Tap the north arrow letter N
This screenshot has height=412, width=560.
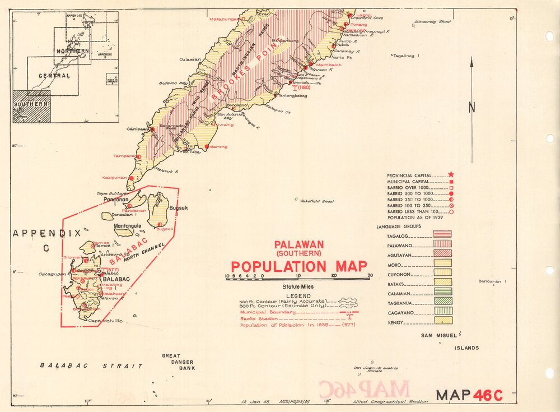pos(472,106)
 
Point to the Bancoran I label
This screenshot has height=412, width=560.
pos(492,281)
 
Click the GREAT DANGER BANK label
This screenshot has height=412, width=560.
pos(179,362)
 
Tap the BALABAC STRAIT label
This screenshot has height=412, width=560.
pos(91,365)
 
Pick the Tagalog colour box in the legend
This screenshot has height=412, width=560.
pos(442,234)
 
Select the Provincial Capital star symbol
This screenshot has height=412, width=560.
pos(451,175)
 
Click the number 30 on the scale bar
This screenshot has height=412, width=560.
pos(370,276)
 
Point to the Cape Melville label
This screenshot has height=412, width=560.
pos(105,321)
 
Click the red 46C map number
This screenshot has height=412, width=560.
pos(488,395)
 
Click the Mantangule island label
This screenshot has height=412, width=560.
pos(129,226)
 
